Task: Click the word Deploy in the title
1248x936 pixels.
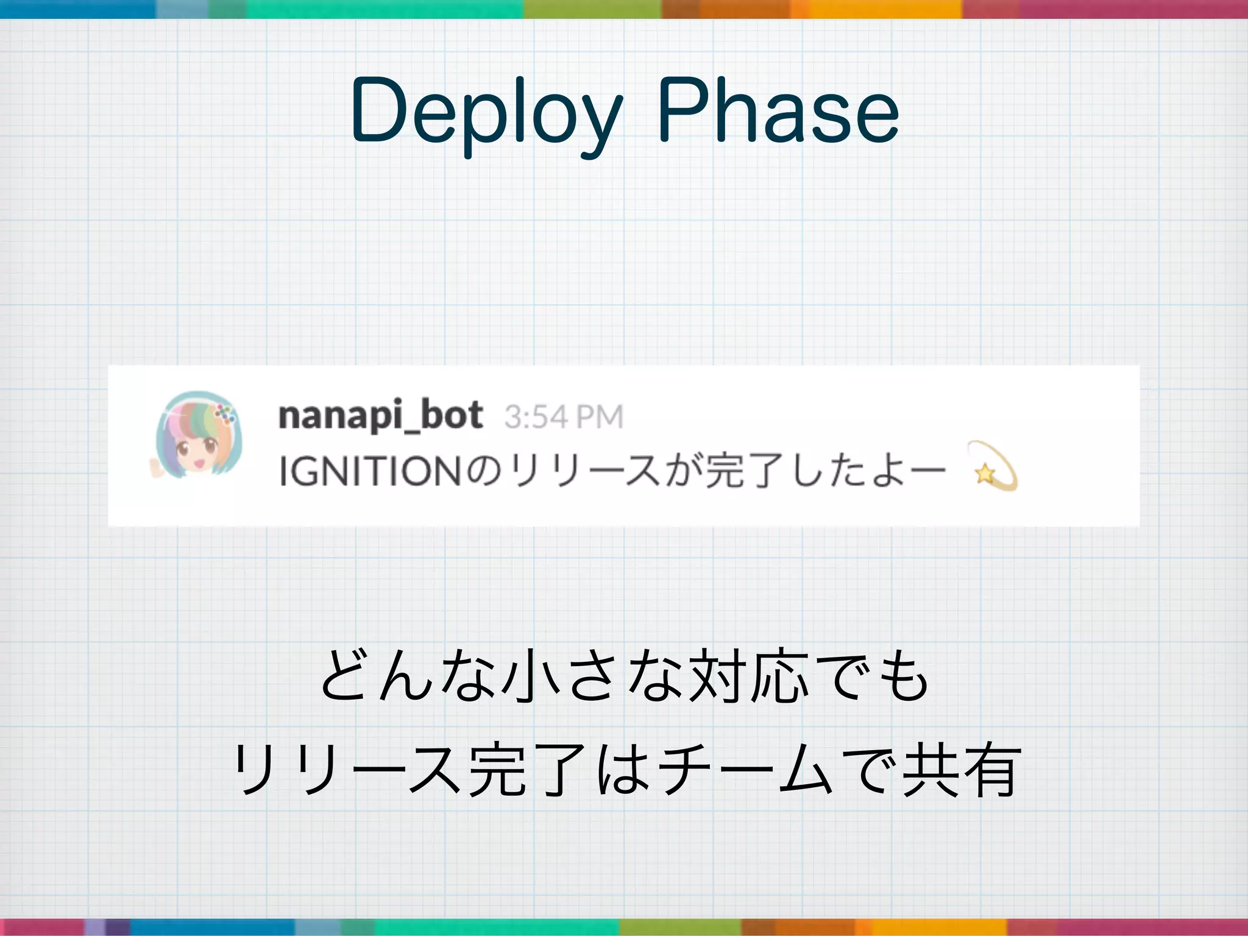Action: coord(486,113)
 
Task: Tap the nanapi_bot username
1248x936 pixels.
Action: coord(380,416)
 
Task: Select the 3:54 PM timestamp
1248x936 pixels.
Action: coord(564,417)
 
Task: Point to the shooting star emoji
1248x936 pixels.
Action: coord(992,466)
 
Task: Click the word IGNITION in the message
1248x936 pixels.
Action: coord(370,471)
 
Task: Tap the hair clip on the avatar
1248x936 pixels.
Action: coord(225,414)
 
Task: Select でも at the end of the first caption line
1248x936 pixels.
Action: coord(877,676)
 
